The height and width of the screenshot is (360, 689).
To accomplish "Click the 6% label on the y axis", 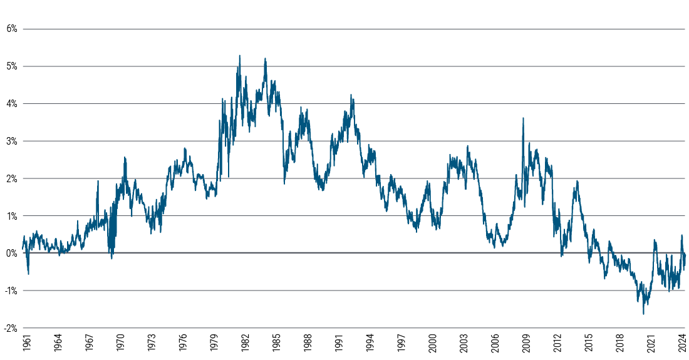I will pos(11,29).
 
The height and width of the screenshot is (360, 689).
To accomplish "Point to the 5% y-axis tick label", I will pos(11,66).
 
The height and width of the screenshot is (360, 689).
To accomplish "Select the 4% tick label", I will pos(11,103).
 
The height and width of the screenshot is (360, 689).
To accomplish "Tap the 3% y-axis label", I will pos(11,141).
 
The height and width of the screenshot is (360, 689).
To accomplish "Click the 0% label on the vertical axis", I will pos(11,253).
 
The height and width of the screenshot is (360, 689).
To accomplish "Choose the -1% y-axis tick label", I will pos(9,291).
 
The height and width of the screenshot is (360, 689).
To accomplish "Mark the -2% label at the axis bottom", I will pos(9,327).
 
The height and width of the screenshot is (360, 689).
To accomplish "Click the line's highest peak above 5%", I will pos(239,56).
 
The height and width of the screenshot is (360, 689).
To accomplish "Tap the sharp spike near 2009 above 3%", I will pos(523,118).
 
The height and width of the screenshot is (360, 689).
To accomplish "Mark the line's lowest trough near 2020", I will pos(643,314).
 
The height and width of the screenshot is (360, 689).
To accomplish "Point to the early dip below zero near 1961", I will pos(28,274).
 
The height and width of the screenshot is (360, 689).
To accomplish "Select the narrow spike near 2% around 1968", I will pos(98,181).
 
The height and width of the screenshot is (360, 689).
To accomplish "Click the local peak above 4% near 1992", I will pos(351,95).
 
